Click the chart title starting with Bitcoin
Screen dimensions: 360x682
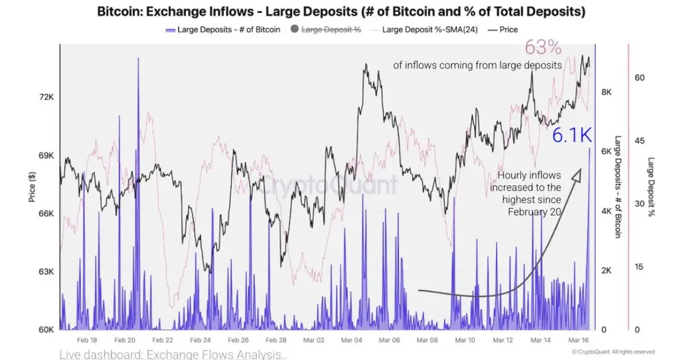[341, 11]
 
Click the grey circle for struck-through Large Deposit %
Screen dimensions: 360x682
[294, 30]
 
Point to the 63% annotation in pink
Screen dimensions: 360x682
[544, 47]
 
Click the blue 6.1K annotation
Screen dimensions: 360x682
[572, 135]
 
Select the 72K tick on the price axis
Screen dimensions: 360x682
[46, 97]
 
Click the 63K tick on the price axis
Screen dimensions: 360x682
[46, 271]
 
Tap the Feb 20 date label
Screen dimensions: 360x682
[124, 340]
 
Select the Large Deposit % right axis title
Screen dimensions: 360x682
[651, 188]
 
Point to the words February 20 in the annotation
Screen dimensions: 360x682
[535, 212]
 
